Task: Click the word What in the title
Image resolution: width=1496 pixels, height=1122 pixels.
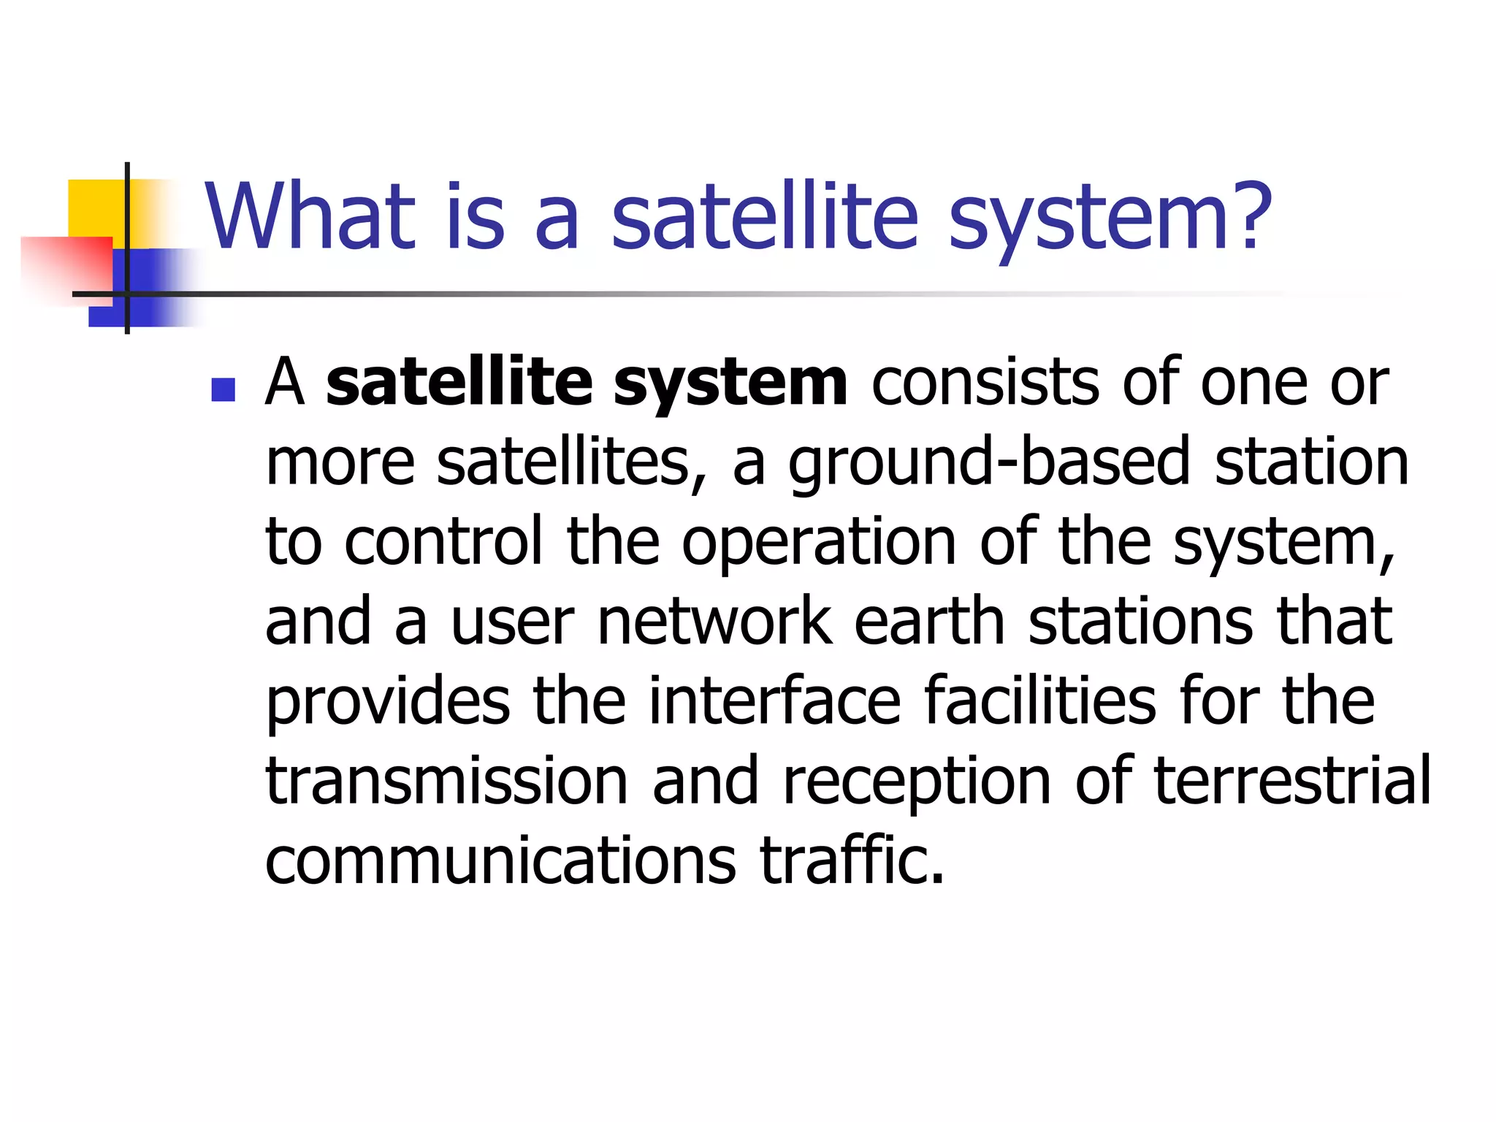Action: point(310,217)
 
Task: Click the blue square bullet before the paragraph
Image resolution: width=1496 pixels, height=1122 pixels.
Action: point(223,390)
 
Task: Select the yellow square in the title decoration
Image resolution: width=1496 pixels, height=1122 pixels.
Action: point(95,208)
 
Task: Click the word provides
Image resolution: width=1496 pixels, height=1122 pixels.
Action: point(387,703)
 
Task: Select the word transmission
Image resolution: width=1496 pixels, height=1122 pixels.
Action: point(446,781)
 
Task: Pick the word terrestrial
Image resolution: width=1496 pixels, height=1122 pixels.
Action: point(1292,781)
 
